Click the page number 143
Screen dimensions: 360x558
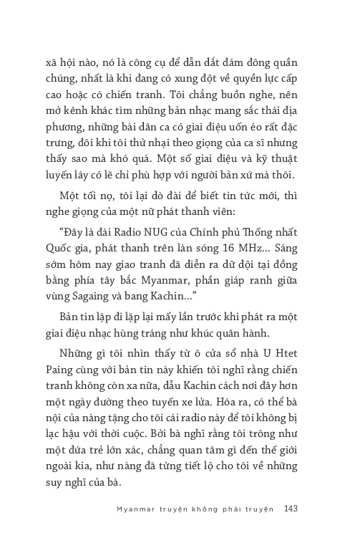pos(291,509)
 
